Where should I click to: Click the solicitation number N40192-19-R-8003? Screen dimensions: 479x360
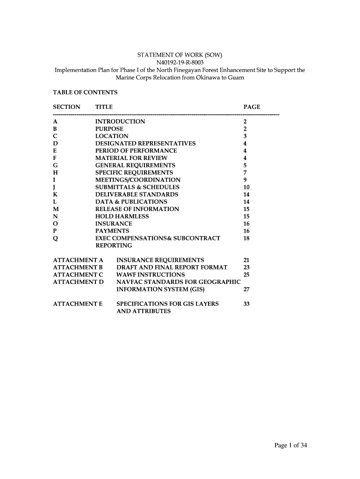[x=180, y=62]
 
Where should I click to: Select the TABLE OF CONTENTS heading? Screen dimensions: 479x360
[x=85, y=92]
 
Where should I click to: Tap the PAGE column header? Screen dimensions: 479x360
[x=252, y=107]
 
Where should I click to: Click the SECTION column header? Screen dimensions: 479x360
[x=67, y=107]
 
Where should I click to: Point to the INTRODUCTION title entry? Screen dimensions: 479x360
[x=120, y=122]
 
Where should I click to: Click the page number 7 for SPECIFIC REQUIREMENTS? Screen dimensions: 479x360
[x=245, y=173]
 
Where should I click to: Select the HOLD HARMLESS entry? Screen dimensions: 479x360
[x=122, y=216]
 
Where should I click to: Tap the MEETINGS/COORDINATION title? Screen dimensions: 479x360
[x=137, y=180]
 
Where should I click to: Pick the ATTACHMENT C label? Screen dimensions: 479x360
[x=78, y=275]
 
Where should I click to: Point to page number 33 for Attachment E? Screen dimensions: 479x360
[x=247, y=304]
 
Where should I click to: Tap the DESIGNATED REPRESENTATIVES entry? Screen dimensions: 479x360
[x=145, y=144]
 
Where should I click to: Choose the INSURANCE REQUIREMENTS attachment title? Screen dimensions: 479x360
[x=160, y=260]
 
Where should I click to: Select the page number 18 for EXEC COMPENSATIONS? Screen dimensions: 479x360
[x=247, y=238]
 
